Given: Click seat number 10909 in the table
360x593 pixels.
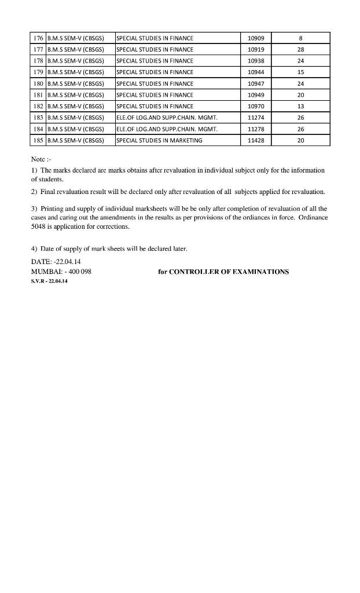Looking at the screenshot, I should [255, 38].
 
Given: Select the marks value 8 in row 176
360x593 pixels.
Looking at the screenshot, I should [300, 38].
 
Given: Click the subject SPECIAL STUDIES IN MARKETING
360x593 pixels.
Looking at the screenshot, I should [159, 141].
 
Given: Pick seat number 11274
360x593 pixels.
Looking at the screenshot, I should [255, 118].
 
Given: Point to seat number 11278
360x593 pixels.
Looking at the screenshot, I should [255, 129].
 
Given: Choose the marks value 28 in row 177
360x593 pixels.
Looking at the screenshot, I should [300, 50].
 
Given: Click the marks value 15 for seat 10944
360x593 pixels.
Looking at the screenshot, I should [300, 72].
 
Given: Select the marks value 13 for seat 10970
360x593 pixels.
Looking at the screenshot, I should [300, 107].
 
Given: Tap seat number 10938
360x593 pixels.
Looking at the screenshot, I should [255, 61].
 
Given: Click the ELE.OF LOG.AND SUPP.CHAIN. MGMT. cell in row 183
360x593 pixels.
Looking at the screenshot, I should [167, 118].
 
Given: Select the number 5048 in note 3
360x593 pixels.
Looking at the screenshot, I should [38, 227].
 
